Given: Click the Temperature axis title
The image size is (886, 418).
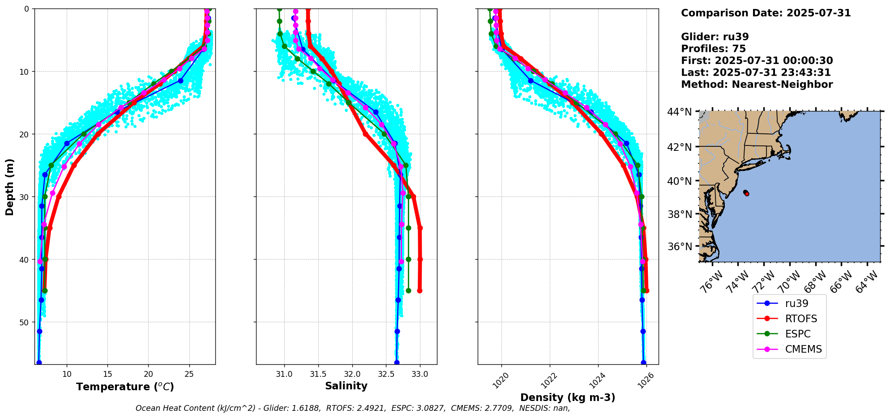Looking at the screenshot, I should point(125,387).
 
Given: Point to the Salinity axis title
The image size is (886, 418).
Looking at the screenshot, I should point(346,386).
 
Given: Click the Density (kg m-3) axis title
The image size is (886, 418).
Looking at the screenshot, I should point(568,397).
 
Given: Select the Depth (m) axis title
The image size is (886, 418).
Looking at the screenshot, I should point(10,187).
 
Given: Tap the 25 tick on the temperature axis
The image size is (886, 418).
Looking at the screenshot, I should point(189,374).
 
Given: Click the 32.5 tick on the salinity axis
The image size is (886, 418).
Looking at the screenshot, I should point(386,374).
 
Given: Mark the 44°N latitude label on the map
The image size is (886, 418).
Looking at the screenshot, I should point(679,112).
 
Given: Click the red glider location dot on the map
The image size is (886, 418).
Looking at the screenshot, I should point(746,193).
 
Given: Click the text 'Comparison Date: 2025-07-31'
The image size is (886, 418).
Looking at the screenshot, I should point(766,13).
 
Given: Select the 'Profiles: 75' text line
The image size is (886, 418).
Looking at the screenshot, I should point(713,49).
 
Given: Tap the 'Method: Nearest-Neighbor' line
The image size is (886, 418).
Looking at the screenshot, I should point(757,85).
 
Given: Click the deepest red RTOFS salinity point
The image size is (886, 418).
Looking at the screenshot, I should point(419,290).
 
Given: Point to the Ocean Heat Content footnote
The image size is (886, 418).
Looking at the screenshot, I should point(353,408).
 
